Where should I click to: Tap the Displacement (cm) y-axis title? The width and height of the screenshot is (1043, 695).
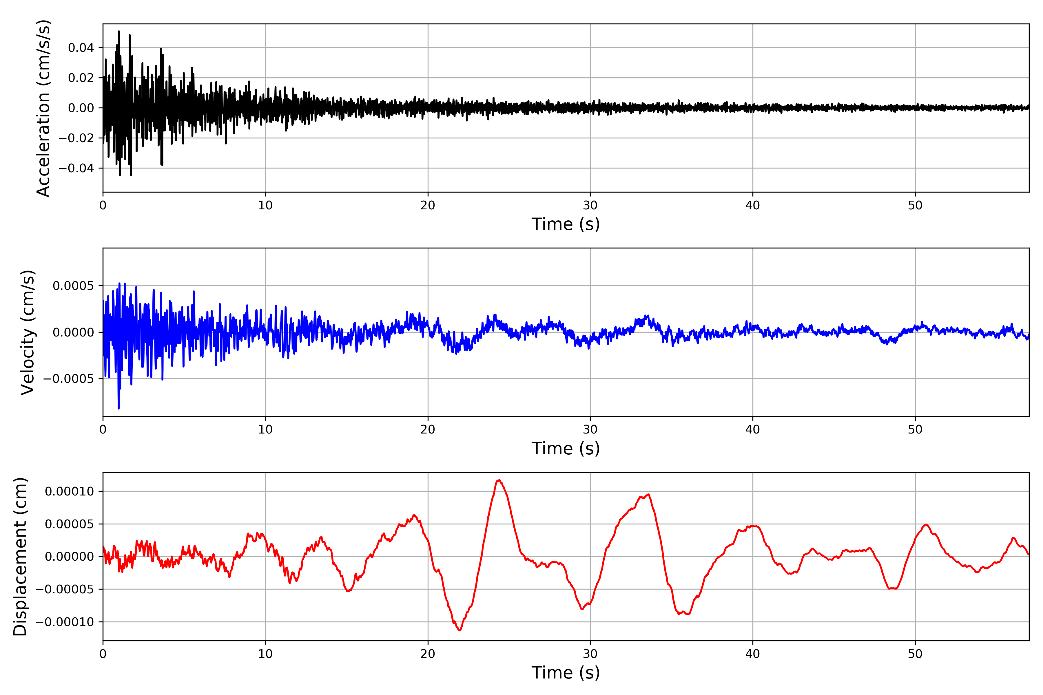(20, 556)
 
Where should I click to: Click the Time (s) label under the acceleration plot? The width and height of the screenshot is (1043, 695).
(566, 224)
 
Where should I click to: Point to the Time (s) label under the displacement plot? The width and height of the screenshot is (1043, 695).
(566, 673)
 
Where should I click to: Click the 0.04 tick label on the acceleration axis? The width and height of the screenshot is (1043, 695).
(81, 48)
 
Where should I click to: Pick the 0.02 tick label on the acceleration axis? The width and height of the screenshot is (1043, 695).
(81, 78)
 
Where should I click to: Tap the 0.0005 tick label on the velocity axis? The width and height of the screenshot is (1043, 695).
(73, 286)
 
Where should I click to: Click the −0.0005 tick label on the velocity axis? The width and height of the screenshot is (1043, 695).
(69, 379)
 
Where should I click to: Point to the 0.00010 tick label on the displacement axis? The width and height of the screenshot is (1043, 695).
(69, 491)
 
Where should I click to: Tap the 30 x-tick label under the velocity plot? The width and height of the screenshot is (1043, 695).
(590, 429)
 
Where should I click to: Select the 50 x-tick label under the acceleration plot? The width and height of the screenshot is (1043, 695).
(915, 205)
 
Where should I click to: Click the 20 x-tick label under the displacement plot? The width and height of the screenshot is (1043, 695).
(428, 654)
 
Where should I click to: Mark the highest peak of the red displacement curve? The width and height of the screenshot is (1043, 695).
(499, 480)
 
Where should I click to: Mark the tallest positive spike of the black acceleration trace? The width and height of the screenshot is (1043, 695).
(119, 32)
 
